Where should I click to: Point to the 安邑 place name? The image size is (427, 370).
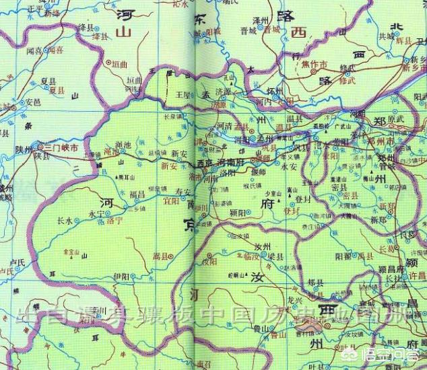[x=32, y=102]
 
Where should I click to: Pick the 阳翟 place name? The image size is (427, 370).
[x=343, y=256]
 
